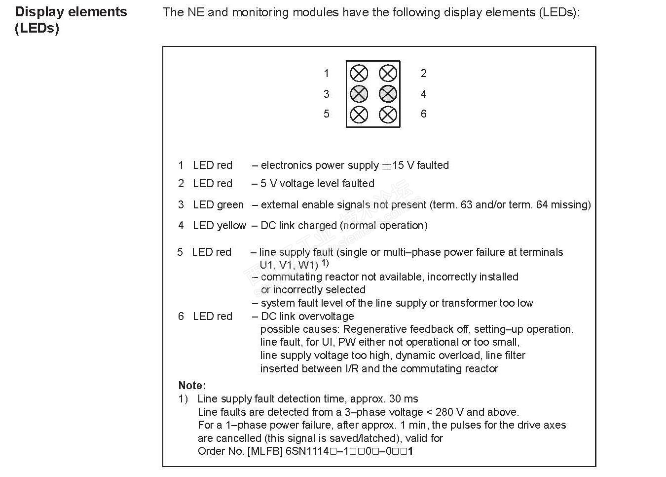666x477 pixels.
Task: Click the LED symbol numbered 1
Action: pos(359,74)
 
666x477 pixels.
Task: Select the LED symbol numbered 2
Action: pos(388,74)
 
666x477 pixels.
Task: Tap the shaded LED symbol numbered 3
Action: pos(359,94)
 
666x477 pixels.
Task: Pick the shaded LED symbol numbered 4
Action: pos(388,94)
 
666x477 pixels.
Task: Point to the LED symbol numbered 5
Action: pos(359,115)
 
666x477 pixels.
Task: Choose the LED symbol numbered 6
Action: pos(388,115)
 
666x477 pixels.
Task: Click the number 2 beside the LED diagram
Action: pos(423,74)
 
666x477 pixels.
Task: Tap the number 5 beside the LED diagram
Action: pos(326,114)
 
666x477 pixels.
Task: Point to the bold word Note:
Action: pos(192,386)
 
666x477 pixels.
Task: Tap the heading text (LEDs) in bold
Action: pos(37,28)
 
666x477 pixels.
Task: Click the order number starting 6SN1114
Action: pos(349,451)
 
